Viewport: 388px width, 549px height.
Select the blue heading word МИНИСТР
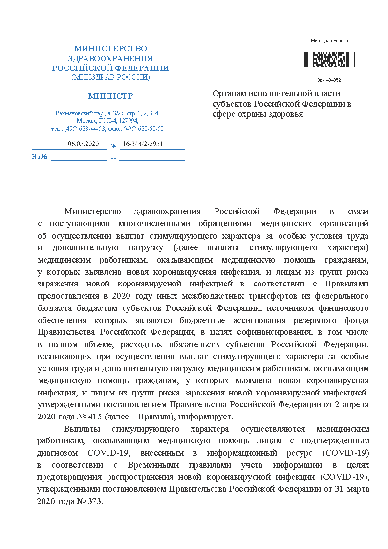(110, 96)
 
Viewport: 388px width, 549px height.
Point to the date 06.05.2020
(84, 144)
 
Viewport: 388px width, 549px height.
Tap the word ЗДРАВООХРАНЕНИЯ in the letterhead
(110, 58)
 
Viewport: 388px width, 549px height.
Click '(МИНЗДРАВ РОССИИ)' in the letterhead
(110, 77)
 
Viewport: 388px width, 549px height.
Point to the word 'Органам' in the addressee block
(230, 93)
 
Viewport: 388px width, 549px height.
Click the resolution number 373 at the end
(95, 502)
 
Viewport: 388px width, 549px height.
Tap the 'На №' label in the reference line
(39, 157)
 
